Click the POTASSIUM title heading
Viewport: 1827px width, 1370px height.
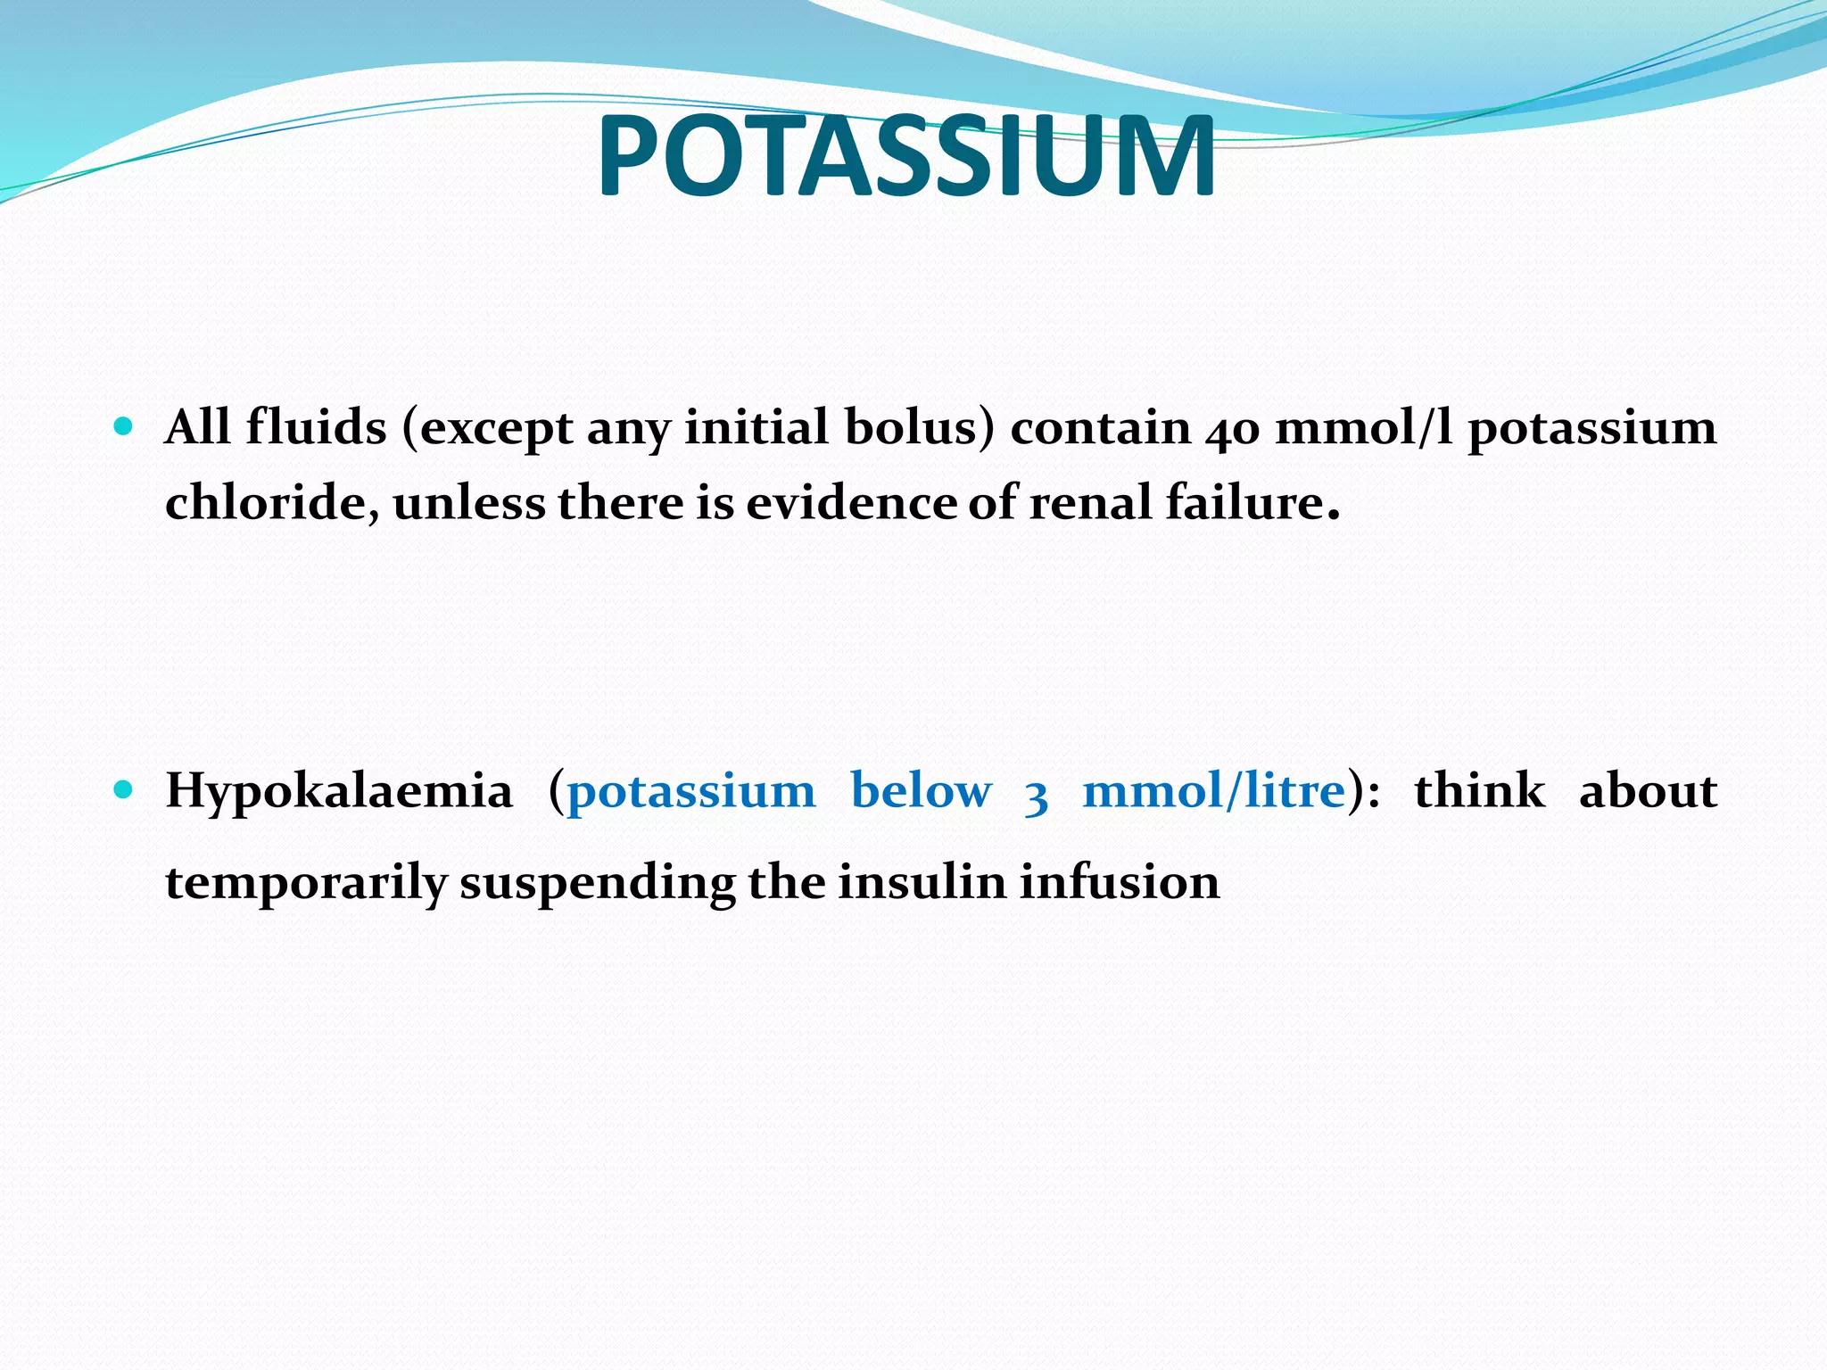click(905, 157)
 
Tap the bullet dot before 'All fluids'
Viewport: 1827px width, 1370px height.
click(124, 426)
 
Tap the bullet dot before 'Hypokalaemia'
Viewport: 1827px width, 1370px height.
click(124, 789)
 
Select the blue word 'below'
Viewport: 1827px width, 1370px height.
click(921, 790)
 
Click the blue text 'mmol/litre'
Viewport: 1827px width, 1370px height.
click(1213, 790)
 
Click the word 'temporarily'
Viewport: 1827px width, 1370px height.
click(306, 884)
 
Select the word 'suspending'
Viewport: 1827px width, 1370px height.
click(597, 884)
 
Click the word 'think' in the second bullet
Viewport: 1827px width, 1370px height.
click(1479, 790)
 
